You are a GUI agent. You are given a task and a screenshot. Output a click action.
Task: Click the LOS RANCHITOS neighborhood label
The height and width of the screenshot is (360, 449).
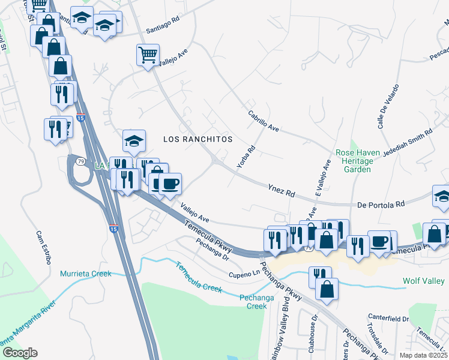[197, 139]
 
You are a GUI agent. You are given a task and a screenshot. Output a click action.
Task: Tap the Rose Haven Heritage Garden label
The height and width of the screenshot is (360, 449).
[357, 161]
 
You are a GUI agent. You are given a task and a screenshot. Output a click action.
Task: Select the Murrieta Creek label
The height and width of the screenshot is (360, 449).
[86, 274]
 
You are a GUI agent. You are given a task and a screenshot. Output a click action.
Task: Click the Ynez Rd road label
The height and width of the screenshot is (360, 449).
[282, 190]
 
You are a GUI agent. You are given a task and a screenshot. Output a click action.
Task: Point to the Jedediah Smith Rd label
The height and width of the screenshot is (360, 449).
[407, 142]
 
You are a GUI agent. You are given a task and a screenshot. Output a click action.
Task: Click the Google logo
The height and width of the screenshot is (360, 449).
[20, 353]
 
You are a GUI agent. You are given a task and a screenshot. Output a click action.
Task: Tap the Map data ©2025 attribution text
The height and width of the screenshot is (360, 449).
[423, 355]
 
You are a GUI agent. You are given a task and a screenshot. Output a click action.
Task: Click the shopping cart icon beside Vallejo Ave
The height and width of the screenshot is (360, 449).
[148, 55]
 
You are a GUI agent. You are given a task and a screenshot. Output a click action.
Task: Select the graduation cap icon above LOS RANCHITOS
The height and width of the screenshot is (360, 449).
[134, 142]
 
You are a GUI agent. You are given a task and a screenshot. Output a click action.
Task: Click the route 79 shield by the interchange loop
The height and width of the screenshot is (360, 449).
[80, 160]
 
